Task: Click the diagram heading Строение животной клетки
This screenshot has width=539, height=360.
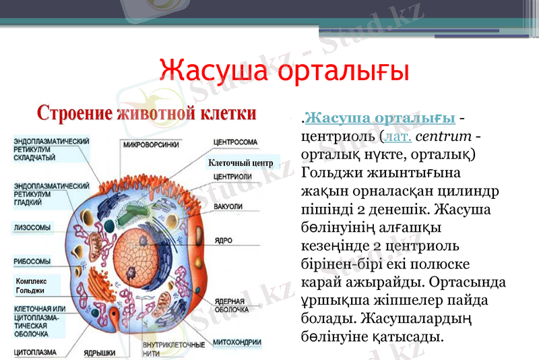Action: pyautogui.click(x=146, y=112)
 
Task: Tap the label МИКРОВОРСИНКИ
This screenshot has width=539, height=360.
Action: pyautogui.click(x=152, y=144)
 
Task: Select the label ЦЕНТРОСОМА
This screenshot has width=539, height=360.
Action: pyautogui.click(x=235, y=143)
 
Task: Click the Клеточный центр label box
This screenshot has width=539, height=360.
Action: pyautogui.click(x=241, y=162)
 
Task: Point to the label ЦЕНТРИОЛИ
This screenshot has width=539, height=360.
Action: pyautogui.click(x=232, y=177)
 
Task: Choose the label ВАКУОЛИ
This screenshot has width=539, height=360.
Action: pyautogui.click(x=228, y=206)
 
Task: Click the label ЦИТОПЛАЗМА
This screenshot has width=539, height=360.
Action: pyautogui.click(x=35, y=352)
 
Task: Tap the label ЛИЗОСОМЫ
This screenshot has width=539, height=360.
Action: pyautogui.click(x=32, y=228)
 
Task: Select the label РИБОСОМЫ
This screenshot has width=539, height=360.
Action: pyautogui.click(x=32, y=261)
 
